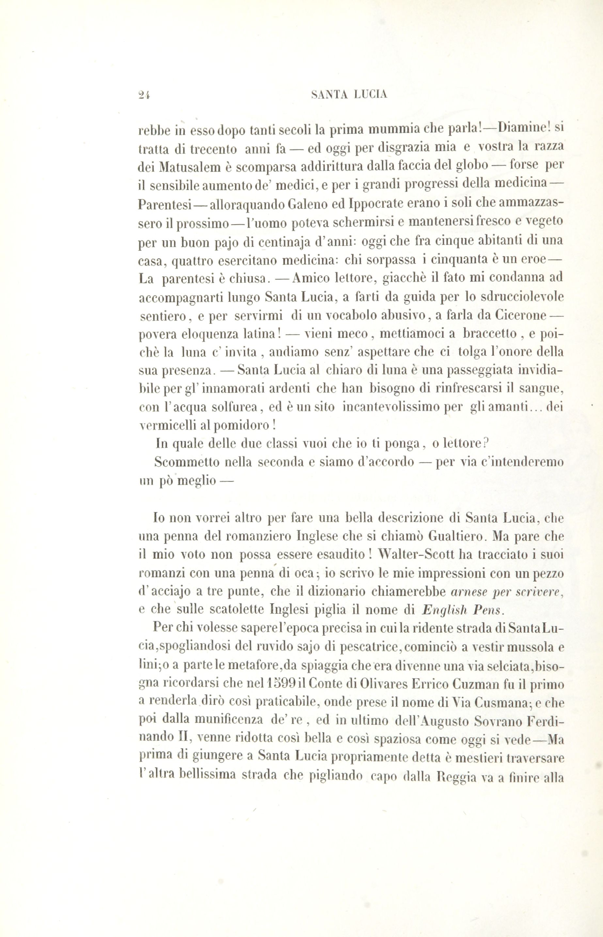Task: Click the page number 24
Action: [145, 95]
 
